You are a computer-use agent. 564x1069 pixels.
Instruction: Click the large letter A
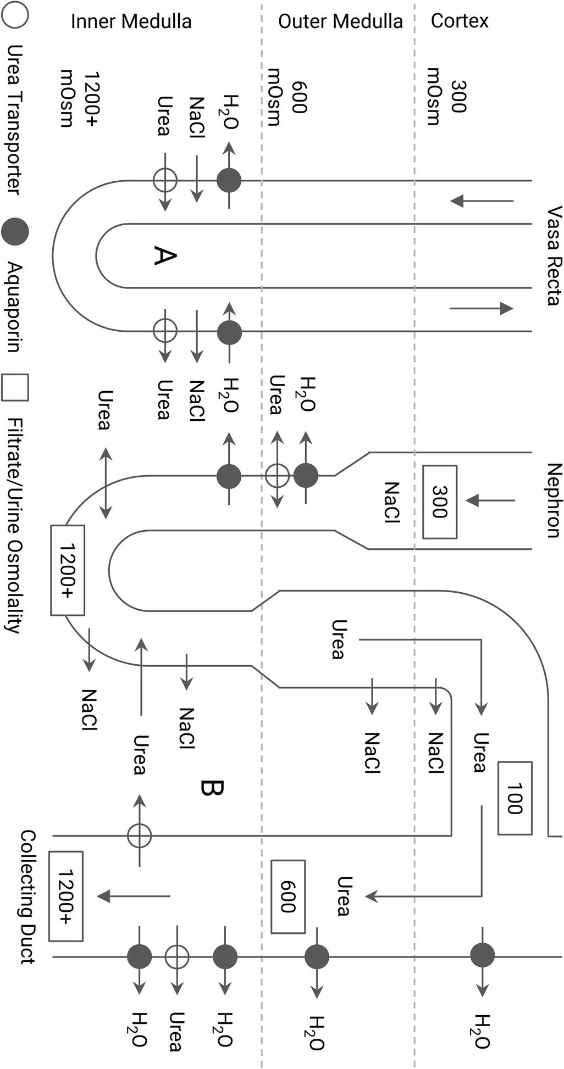(164, 256)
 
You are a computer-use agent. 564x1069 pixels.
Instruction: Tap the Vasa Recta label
(553, 255)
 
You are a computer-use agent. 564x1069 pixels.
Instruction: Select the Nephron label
(553, 500)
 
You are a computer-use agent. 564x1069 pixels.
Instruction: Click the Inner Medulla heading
(131, 21)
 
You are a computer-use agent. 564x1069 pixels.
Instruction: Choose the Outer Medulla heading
(340, 21)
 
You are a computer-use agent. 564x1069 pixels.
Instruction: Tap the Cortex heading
(460, 21)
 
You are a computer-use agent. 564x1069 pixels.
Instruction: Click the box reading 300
(440, 502)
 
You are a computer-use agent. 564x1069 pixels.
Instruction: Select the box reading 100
(515, 798)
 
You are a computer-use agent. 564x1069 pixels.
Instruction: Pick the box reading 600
(288, 897)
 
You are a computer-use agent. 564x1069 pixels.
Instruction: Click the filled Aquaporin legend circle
(15, 231)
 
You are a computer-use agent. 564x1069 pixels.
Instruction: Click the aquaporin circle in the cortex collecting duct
(482, 955)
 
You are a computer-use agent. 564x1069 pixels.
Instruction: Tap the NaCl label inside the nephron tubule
(391, 502)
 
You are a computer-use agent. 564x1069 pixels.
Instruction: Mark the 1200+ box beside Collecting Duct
(66, 897)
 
